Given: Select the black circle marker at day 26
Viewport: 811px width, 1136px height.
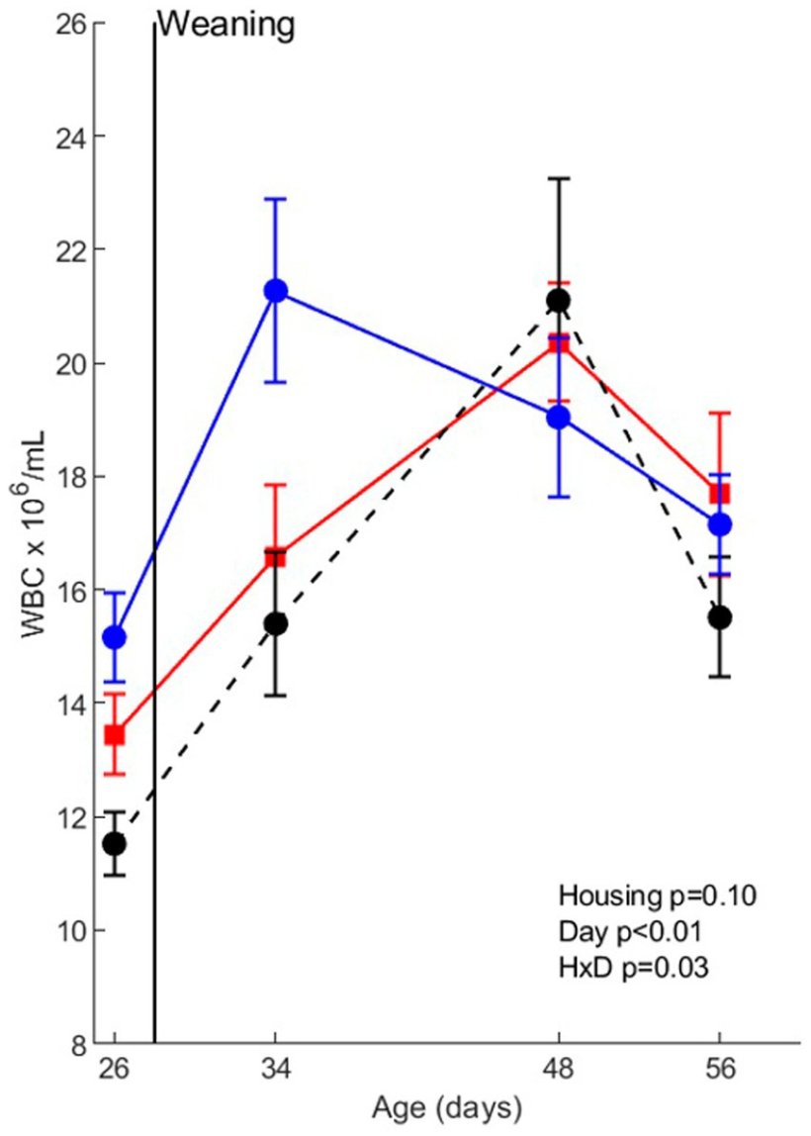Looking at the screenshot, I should point(115,843).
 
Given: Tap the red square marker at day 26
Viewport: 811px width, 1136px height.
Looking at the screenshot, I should point(115,735).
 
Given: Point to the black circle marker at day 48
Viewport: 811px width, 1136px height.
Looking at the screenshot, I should point(559,301).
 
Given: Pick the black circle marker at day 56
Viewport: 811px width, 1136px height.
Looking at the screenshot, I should point(720,616).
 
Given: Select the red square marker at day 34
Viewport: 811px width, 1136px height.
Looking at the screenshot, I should point(275,557).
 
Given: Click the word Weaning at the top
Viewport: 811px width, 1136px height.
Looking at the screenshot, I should point(226,24).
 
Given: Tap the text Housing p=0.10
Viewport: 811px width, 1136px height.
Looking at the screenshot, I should point(658,898).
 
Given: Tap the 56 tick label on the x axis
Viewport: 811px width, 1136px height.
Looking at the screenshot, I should point(720,1073).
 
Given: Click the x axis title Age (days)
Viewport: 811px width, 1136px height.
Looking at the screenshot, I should point(446,1108).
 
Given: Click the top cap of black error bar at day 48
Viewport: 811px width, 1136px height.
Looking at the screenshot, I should point(559,178).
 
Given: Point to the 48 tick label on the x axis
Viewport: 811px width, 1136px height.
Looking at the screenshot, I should point(559,1073).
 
